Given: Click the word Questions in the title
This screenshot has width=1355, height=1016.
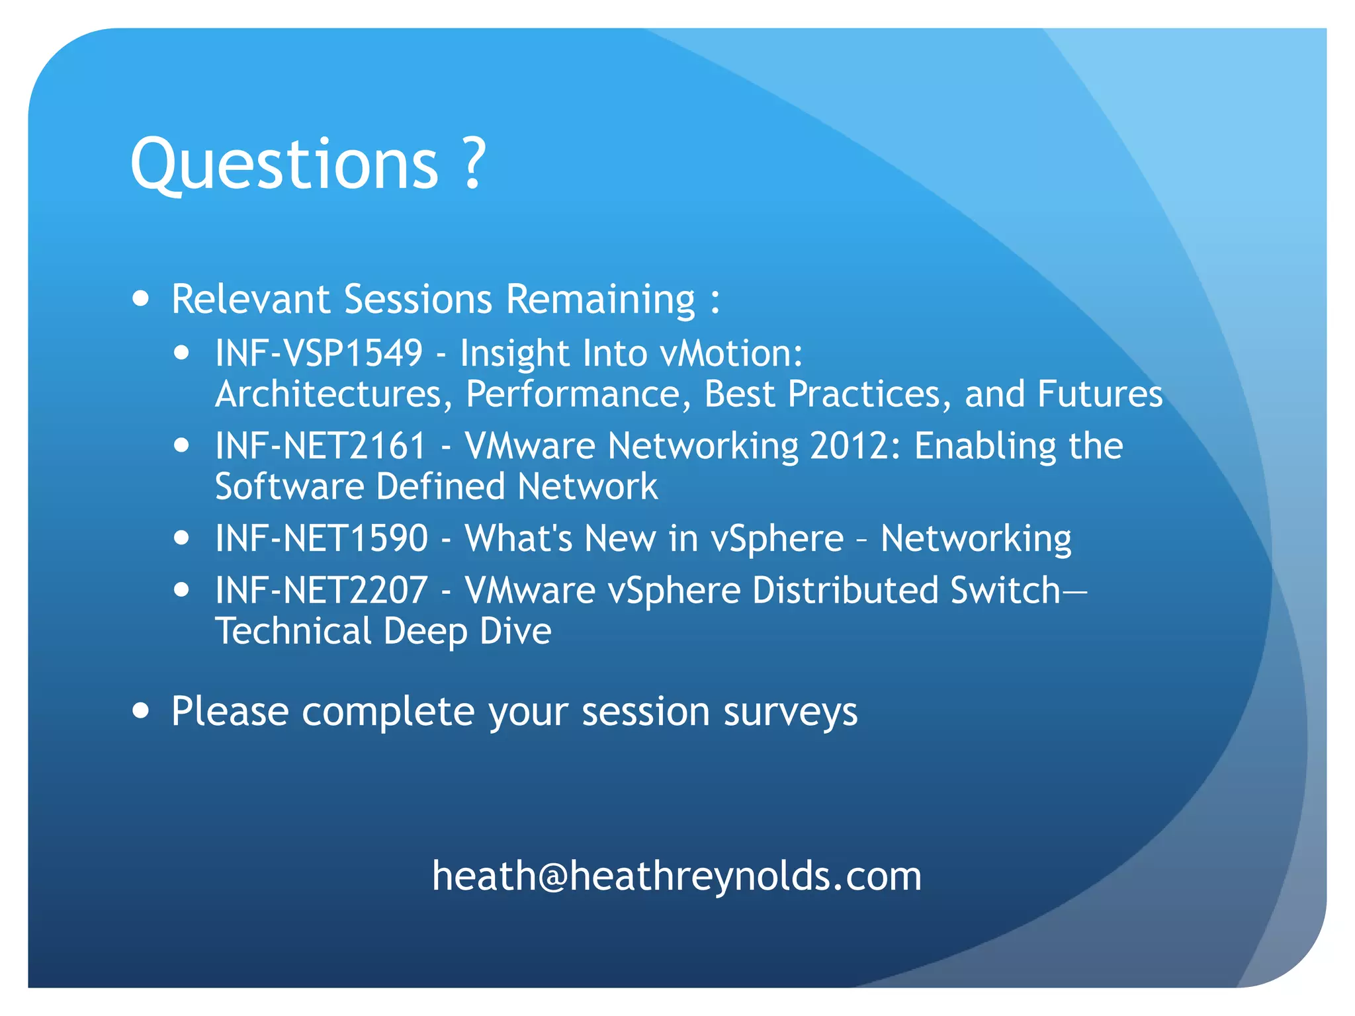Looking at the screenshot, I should coord(284,164).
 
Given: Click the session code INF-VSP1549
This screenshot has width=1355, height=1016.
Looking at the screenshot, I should coord(319,353).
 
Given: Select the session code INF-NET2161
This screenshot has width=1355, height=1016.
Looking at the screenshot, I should coord(321,445).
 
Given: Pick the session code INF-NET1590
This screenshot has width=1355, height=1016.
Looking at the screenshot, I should coord(322,538).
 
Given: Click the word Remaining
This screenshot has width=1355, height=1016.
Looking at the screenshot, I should coord(601,299).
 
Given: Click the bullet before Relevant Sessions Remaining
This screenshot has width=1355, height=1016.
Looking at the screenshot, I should coord(140,298).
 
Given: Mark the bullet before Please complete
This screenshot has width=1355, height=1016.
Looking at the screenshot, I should coord(140,710).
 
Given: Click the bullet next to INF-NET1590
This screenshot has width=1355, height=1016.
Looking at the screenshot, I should coord(181,537).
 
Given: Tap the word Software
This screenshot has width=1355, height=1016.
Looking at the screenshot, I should coord(290,486).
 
